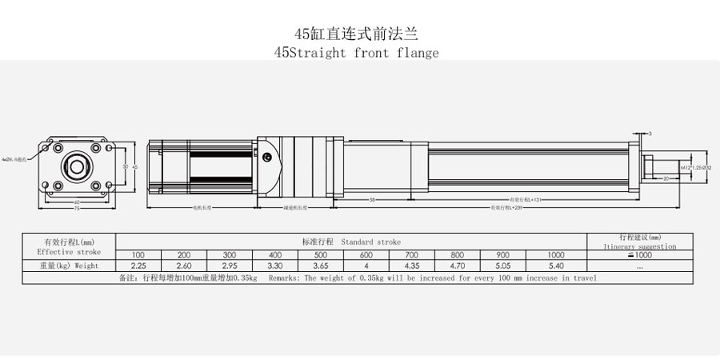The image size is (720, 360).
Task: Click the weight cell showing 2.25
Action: [139, 266]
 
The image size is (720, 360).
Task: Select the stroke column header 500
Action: [322, 254]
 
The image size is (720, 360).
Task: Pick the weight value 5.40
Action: [556, 266]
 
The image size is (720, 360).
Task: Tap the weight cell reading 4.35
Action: [413, 266]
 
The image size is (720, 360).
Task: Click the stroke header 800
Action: [458, 254]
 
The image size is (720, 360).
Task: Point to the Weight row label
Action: [69, 266]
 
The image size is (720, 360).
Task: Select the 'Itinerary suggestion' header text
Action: [640, 247]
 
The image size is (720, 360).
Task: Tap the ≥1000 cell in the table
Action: [640, 255]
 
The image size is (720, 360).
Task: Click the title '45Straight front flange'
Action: [357, 54]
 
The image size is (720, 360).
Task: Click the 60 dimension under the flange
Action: [77, 201]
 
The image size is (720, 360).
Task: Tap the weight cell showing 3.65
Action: [322, 266]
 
